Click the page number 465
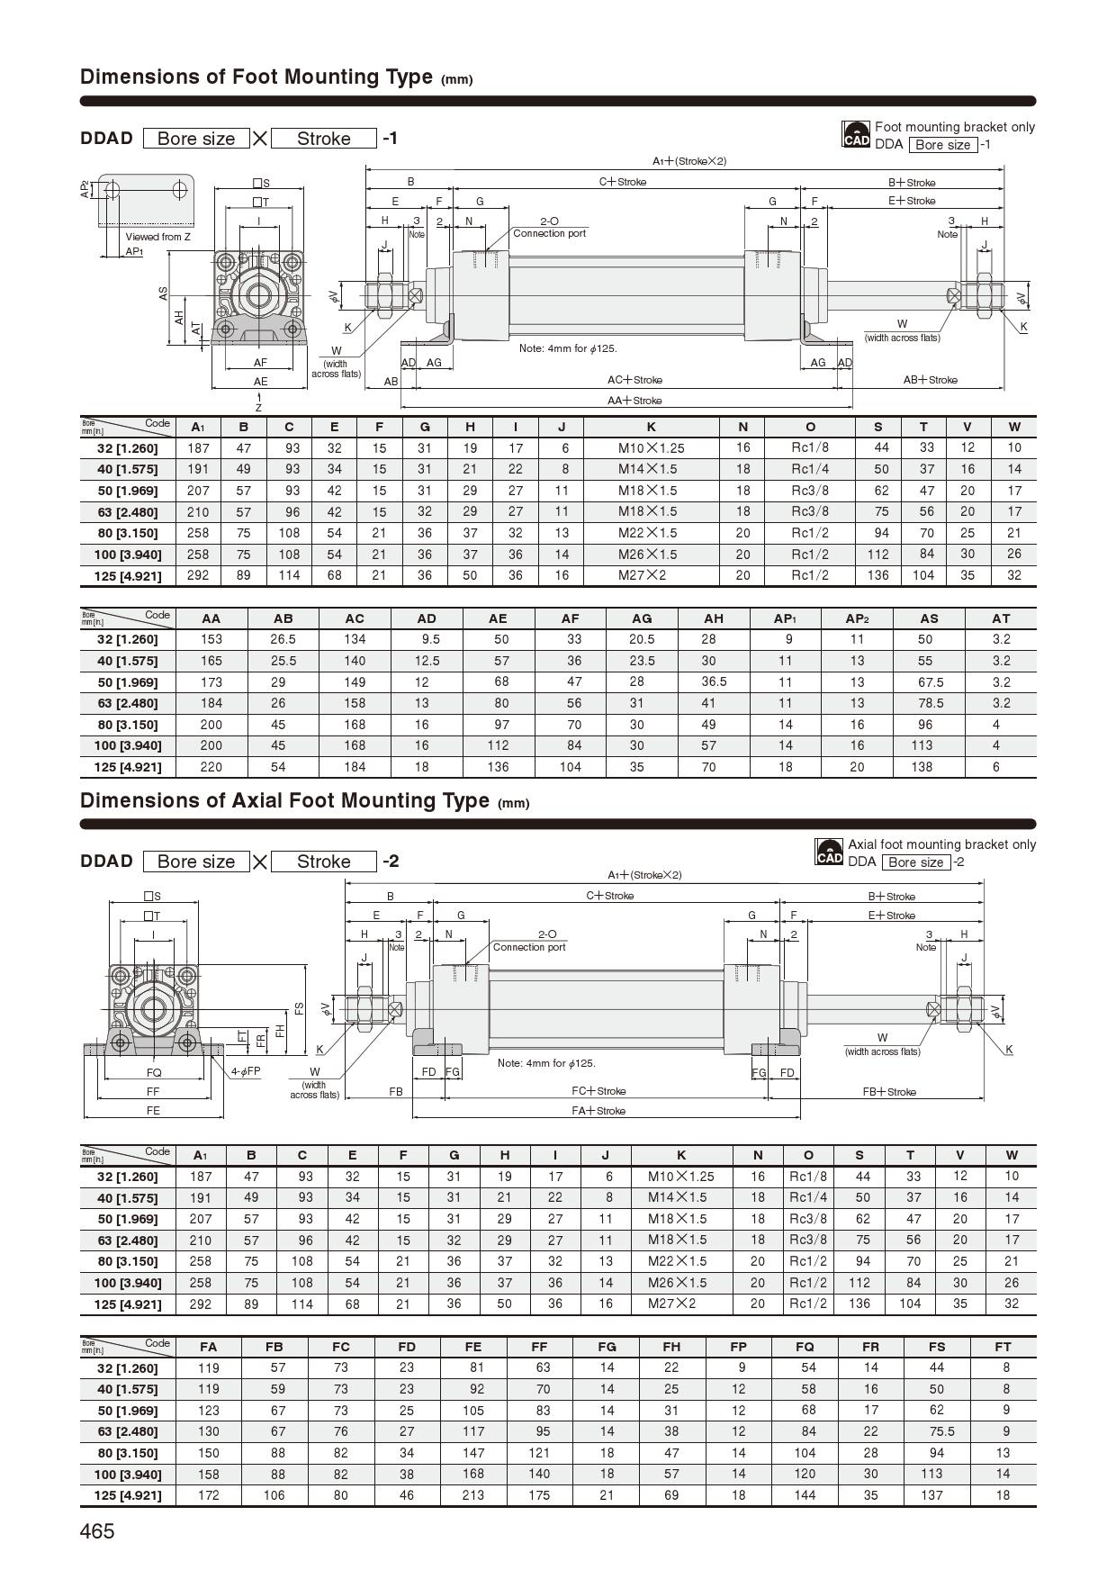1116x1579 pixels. [x=97, y=1531]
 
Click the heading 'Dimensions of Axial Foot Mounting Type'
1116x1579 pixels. [x=284, y=800]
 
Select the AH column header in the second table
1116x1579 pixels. [x=714, y=618]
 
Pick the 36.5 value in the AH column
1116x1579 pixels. [x=714, y=681]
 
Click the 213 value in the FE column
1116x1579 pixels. [x=473, y=1495]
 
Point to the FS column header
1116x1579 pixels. [x=937, y=1347]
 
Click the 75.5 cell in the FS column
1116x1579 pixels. [x=937, y=1431]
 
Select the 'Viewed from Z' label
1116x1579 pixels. [x=157, y=237]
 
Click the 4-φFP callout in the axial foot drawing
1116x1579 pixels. [x=245, y=1071]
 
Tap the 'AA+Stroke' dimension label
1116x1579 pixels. [x=634, y=401]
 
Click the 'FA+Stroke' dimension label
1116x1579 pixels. [x=598, y=1111]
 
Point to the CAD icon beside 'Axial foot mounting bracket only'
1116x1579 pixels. [x=829, y=853]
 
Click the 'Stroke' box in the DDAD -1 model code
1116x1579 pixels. [x=323, y=139]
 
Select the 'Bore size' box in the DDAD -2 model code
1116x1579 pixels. [x=196, y=862]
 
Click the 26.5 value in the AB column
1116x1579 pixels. [x=283, y=639]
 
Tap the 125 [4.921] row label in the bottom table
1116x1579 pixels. [x=128, y=1495]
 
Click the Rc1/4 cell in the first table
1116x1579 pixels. [x=810, y=469]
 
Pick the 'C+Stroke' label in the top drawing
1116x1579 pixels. [x=623, y=182]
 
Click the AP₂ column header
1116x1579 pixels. [x=857, y=618]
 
